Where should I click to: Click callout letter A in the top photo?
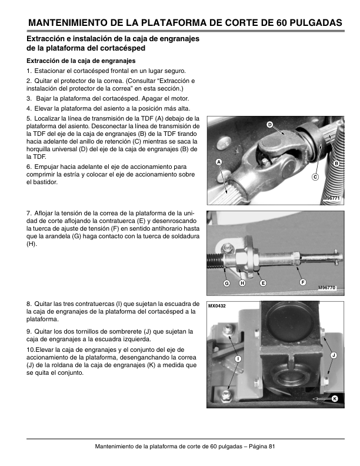(x=218, y=162)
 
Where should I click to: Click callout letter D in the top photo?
(x=269, y=124)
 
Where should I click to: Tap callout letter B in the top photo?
(x=336, y=162)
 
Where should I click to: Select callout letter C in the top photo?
(x=315, y=177)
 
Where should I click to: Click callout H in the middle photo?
(x=242, y=284)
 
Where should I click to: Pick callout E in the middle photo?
(x=262, y=284)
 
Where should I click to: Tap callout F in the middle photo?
(x=303, y=283)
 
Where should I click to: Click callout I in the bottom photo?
(x=238, y=359)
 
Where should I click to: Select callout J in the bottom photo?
(x=334, y=355)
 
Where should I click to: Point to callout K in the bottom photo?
(x=334, y=399)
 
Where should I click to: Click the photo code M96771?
(x=331, y=199)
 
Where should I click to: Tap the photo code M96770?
(x=326, y=288)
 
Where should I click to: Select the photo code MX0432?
(x=217, y=306)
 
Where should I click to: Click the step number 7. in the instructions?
(x=29, y=212)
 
